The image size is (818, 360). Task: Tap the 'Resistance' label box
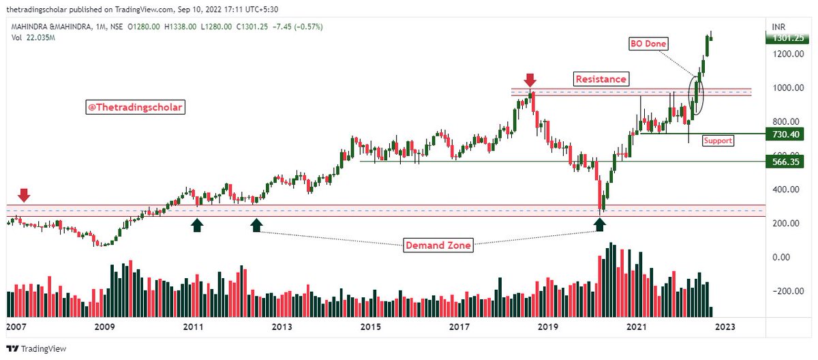point(601,79)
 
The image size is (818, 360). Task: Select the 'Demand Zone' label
point(438,245)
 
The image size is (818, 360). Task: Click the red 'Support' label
point(718,140)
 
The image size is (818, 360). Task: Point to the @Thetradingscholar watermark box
point(134,107)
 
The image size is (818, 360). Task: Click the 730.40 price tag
point(781,134)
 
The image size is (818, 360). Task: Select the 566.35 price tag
point(781,162)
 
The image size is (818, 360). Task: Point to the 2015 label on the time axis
point(370,327)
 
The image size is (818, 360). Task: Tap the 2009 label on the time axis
point(104,327)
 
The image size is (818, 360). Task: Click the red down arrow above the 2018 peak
point(530,80)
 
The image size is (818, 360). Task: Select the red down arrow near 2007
point(24,196)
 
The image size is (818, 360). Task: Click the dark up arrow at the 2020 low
point(600,224)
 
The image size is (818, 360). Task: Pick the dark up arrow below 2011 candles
point(196,225)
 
